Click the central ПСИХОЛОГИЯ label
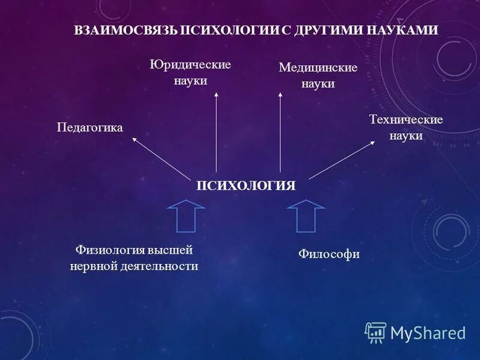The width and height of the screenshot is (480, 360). (x=247, y=185)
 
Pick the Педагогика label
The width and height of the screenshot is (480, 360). (x=90, y=127)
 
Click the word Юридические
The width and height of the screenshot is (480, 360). (x=190, y=65)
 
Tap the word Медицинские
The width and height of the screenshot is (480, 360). (x=318, y=68)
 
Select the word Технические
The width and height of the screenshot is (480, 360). (x=406, y=120)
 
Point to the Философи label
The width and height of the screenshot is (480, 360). (x=329, y=254)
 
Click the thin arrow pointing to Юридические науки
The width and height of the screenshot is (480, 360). (x=217, y=132)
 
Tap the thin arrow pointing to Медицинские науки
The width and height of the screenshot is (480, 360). (x=280, y=132)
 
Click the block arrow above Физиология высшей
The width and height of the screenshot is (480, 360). (x=186, y=215)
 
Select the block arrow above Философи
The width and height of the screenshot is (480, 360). (x=306, y=215)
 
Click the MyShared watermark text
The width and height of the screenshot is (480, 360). (x=428, y=333)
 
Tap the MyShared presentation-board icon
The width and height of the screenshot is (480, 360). (x=376, y=332)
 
